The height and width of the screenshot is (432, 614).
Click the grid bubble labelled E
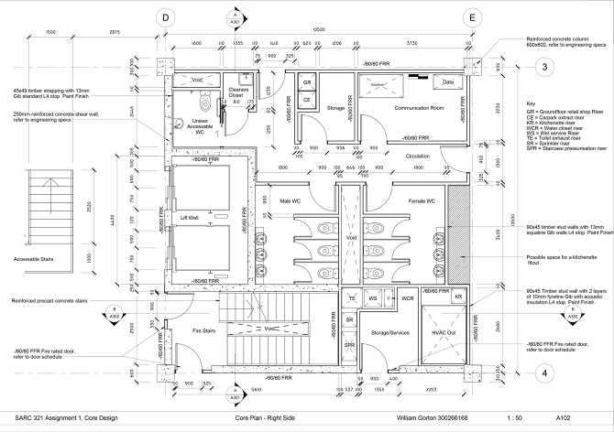point(471,16)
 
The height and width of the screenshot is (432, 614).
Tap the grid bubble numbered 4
point(543,373)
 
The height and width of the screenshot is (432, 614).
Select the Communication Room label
point(400,108)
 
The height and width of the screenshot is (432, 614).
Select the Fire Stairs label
point(191,329)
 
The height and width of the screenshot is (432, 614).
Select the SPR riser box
point(349,345)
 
